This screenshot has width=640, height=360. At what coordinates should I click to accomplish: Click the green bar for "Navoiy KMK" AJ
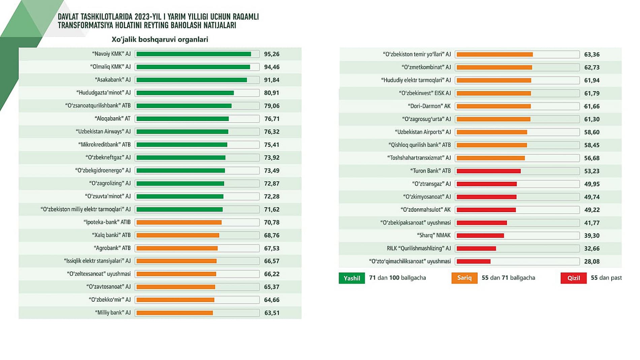194,54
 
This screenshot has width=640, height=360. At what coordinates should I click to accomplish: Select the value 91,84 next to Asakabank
271,80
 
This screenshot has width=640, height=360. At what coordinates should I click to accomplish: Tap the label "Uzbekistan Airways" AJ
103,131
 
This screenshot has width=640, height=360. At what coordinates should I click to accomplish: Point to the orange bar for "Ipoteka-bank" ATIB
179,222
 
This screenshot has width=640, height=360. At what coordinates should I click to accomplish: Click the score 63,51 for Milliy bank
271,313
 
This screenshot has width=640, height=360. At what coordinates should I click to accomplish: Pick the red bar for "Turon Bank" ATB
488,171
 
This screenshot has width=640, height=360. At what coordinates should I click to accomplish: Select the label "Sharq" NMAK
434,235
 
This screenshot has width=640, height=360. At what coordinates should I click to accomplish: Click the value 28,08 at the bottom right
592,261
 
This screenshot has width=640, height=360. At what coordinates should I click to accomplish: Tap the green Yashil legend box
352,278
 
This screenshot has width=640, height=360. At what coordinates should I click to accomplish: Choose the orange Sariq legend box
464,278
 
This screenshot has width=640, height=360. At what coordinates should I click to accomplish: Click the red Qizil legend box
573,278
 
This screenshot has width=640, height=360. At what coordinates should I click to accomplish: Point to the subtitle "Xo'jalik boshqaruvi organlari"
160,39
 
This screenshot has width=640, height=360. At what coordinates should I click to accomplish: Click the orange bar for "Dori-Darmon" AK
493,106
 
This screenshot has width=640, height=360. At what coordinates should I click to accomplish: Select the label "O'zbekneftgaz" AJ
108,157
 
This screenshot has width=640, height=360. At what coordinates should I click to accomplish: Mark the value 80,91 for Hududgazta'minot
271,93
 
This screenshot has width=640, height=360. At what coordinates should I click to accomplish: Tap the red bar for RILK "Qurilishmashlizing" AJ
476,248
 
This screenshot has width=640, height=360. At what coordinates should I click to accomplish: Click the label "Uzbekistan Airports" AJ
423,132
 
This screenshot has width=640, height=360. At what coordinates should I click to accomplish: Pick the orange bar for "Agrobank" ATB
177,248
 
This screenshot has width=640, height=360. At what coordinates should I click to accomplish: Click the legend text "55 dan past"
606,278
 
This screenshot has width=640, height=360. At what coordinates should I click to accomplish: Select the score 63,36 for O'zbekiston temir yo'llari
592,54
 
